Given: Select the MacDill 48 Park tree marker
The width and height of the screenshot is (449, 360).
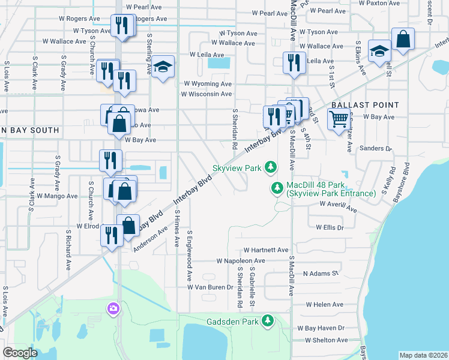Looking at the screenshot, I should click(x=277, y=188).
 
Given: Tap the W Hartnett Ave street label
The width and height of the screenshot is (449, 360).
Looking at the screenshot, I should click(x=266, y=250).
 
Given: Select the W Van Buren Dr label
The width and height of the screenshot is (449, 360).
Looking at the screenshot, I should click(x=210, y=287).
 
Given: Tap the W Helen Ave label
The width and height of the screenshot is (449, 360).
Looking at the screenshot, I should click(x=325, y=305).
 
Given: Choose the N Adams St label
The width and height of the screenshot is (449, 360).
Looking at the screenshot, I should click(x=321, y=274).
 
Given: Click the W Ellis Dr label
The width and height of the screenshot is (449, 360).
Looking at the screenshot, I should click(x=330, y=227).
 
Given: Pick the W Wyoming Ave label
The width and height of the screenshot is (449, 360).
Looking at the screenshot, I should click(x=208, y=84).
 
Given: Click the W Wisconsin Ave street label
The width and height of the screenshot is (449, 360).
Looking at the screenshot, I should click(x=206, y=94).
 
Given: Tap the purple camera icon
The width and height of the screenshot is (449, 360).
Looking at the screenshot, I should click(x=113, y=308).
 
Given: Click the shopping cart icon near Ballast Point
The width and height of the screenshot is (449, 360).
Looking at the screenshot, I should click(x=338, y=119).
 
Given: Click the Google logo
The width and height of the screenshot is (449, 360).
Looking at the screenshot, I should click(x=20, y=353).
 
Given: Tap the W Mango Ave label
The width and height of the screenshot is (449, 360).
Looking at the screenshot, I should click(x=57, y=196).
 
